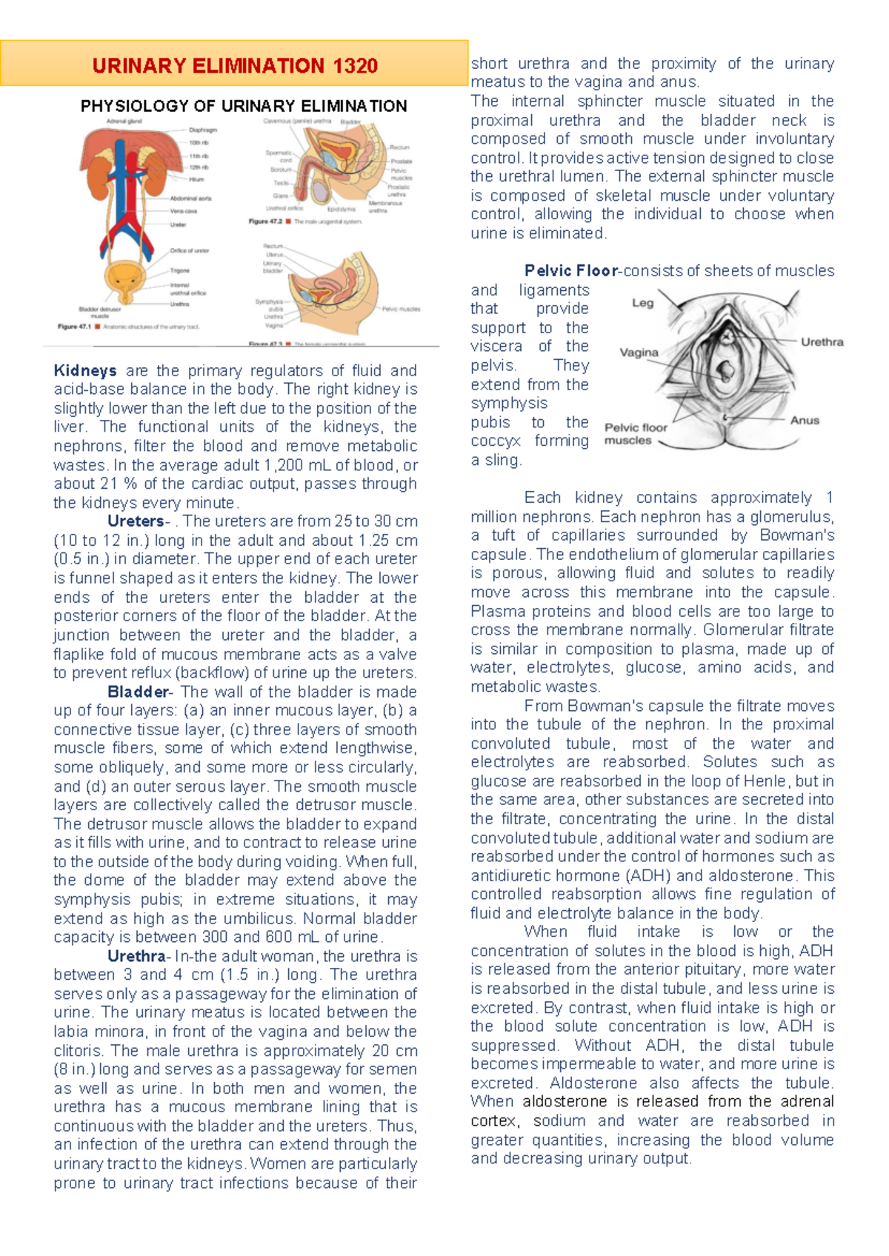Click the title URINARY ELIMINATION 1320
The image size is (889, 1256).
[235, 66]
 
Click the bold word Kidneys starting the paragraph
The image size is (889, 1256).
[85, 370]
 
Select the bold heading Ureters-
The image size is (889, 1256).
[139, 521]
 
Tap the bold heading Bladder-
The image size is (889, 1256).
[140, 692]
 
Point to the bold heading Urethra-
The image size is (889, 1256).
[139, 956]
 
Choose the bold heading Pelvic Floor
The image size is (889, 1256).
[571, 271]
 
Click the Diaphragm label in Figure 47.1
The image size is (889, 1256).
[203, 130]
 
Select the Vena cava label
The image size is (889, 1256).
[183, 211]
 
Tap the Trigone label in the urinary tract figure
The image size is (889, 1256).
[180, 271]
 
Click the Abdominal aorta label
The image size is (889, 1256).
[190, 198]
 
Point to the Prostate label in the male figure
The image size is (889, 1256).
[402, 161]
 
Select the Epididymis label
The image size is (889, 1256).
[343, 210]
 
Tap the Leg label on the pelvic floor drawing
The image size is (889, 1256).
[642, 303]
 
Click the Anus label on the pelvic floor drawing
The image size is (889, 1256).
[805, 421]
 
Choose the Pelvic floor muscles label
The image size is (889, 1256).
[636, 434]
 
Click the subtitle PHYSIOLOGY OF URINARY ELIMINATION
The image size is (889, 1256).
[244, 106]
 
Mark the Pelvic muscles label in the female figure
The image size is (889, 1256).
[401, 309]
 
